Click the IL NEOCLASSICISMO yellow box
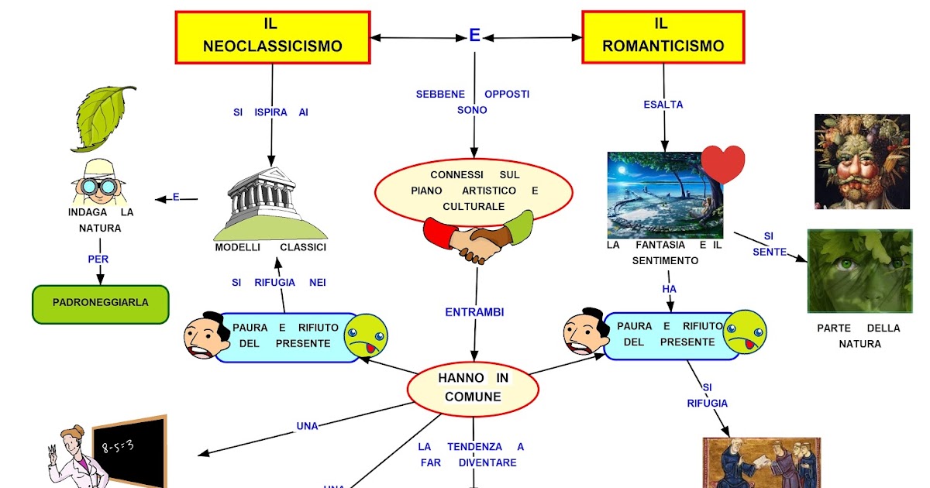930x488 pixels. click(x=272, y=37)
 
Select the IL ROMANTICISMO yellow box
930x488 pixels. click(x=663, y=37)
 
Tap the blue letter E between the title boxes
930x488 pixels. click(x=475, y=36)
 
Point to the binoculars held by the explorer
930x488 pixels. click(x=98, y=186)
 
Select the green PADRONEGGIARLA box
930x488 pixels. click(x=100, y=304)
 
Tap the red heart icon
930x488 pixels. click(x=723, y=163)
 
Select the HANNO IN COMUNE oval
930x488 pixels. click(x=473, y=388)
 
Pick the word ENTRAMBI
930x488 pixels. click(x=474, y=312)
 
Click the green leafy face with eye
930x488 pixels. click(x=859, y=270)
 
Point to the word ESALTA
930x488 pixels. click(x=663, y=104)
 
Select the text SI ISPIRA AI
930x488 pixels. click(x=270, y=112)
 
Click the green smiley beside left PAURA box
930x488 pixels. click(x=365, y=336)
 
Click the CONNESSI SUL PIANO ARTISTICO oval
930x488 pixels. click(x=474, y=191)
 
